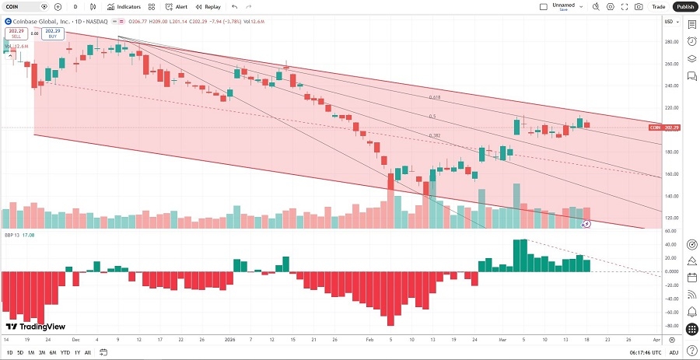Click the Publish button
(684, 6)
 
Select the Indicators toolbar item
(124, 6)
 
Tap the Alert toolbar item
(177, 6)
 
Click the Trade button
(659, 6)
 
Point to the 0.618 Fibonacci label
(436, 98)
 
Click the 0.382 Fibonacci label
(436, 135)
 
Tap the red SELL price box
(15, 34)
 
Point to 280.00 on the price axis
(670, 42)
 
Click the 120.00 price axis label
(670, 218)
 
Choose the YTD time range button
(65, 352)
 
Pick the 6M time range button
(51, 352)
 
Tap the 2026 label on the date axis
(229, 340)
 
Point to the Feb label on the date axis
(369, 340)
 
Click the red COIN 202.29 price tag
(667, 128)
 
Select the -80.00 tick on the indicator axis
(670, 313)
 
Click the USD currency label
(668, 21)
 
